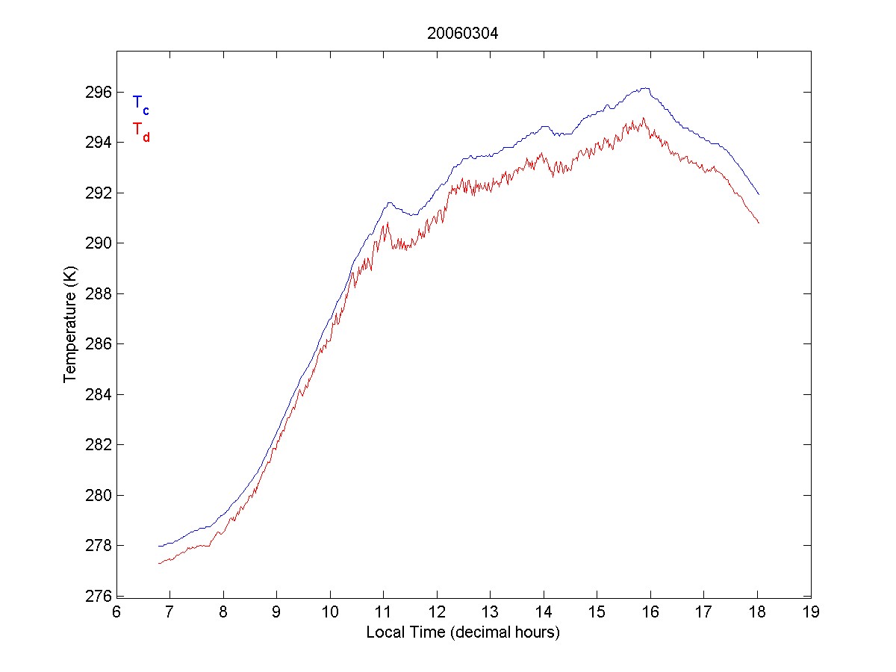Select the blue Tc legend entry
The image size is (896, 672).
[140, 104]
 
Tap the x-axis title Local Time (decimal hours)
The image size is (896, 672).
[463, 632]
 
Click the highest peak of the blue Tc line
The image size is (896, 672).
[646, 87]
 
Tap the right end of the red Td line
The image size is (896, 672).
[759, 223]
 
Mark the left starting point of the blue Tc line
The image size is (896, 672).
[159, 546]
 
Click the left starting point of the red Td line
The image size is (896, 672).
[159, 563]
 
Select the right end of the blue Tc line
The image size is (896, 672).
[759, 194]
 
